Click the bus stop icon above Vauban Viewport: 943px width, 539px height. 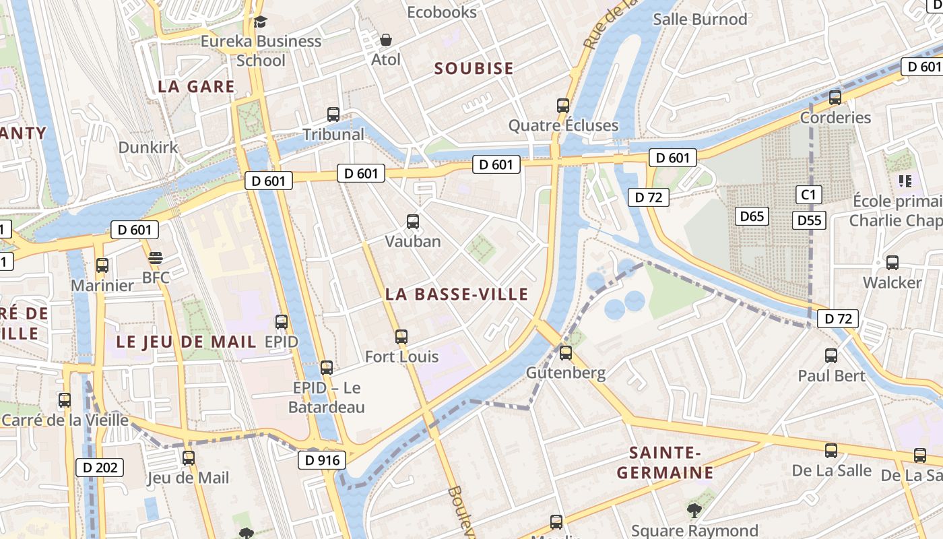coord(413,221)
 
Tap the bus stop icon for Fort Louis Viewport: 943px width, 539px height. coord(401,336)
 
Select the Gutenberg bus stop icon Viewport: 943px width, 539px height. coord(566,352)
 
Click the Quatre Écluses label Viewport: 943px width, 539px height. coord(563,125)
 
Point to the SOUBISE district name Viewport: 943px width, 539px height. coord(474,68)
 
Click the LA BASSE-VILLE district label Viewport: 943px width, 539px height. coord(457,294)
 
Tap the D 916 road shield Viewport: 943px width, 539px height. coord(322,460)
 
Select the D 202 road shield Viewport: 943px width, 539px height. coord(99,467)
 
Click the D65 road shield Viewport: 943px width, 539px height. coord(752,216)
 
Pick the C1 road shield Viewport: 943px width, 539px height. coord(808,195)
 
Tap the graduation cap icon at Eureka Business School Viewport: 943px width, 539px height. coord(260,22)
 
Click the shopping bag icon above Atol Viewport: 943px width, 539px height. coord(386,40)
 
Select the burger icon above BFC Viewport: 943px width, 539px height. coord(156,258)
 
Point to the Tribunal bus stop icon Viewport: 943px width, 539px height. coord(333,114)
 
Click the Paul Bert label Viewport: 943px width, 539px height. coord(831,375)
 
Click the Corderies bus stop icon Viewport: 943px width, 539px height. coord(835,97)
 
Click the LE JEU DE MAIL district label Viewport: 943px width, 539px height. coord(186,342)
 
